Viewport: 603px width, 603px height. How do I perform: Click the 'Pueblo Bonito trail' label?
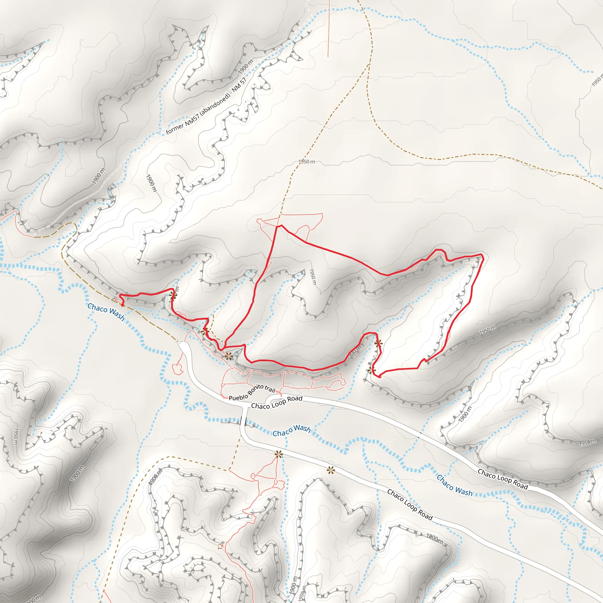tap(252, 393)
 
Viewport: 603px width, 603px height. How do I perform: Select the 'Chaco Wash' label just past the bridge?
tap(291, 431)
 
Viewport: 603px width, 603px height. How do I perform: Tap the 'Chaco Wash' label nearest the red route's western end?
tap(106, 312)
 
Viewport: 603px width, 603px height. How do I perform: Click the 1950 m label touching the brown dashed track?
tap(307, 162)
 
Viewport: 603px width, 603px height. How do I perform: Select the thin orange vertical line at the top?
tap(328, 28)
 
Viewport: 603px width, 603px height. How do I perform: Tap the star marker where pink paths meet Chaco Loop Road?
tap(279, 454)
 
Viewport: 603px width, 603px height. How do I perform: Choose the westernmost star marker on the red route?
tap(173, 295)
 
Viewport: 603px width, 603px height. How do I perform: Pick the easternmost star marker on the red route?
tap(379, 344)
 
